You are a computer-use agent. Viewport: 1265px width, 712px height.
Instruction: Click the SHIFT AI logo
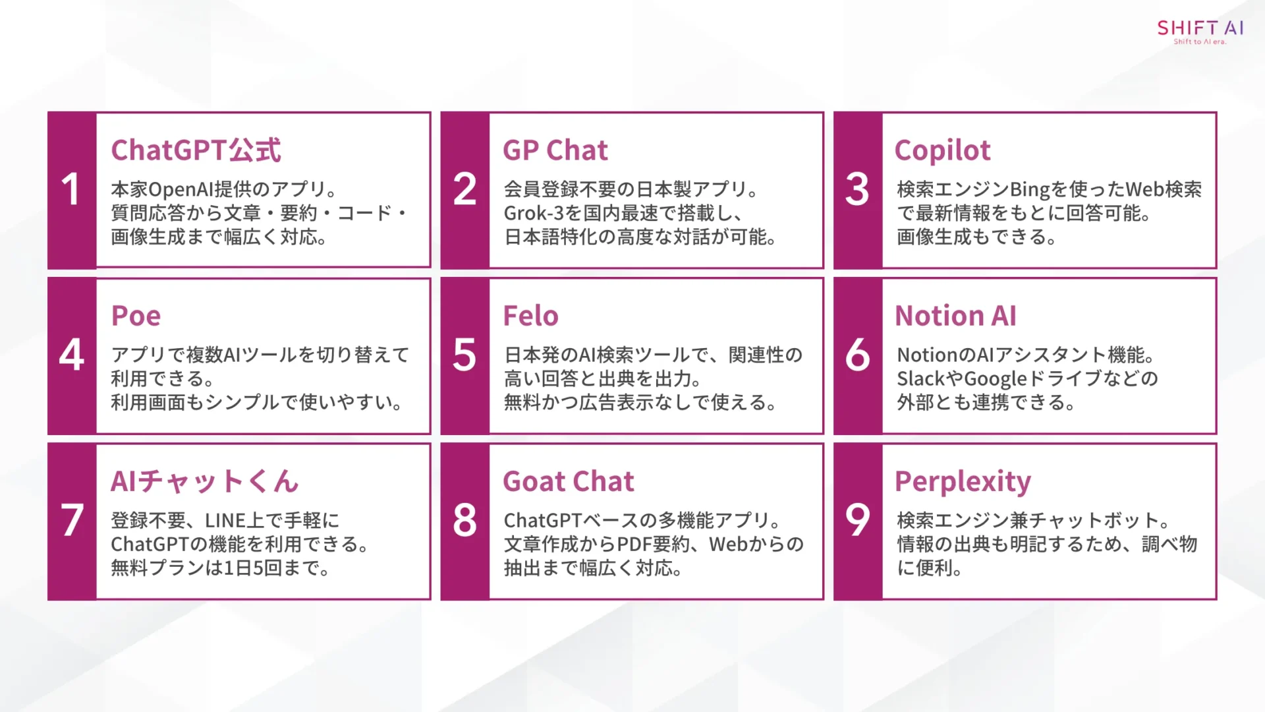[x=1200, y=31]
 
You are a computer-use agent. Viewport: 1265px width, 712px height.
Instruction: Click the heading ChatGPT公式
[x=196, y=150]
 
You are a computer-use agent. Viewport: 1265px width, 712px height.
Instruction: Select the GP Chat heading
[x=555, y=150]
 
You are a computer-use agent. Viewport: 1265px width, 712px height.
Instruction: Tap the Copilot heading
[x=942, y=150]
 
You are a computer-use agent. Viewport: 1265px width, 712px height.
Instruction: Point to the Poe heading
[x=136, y=316]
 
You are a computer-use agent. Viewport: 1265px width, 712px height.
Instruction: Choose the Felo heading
[x=530, y=316]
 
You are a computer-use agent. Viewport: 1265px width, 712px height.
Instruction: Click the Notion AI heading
[x=955, y=316]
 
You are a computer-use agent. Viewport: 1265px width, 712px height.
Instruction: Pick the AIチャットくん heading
[x=204, y=481]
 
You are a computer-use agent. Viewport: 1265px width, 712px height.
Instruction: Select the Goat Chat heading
[x=568, y=481]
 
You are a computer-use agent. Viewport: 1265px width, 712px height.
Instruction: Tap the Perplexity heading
[x=963, y=482]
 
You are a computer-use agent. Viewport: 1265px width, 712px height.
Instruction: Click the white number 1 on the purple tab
[x=71, y=190]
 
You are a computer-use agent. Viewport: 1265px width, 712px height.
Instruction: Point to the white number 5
[x=464, y=355]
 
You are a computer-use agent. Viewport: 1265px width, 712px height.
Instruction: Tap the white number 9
[x=857, y=520]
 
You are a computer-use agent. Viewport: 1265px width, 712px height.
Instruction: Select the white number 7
[x=72, y=520]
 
